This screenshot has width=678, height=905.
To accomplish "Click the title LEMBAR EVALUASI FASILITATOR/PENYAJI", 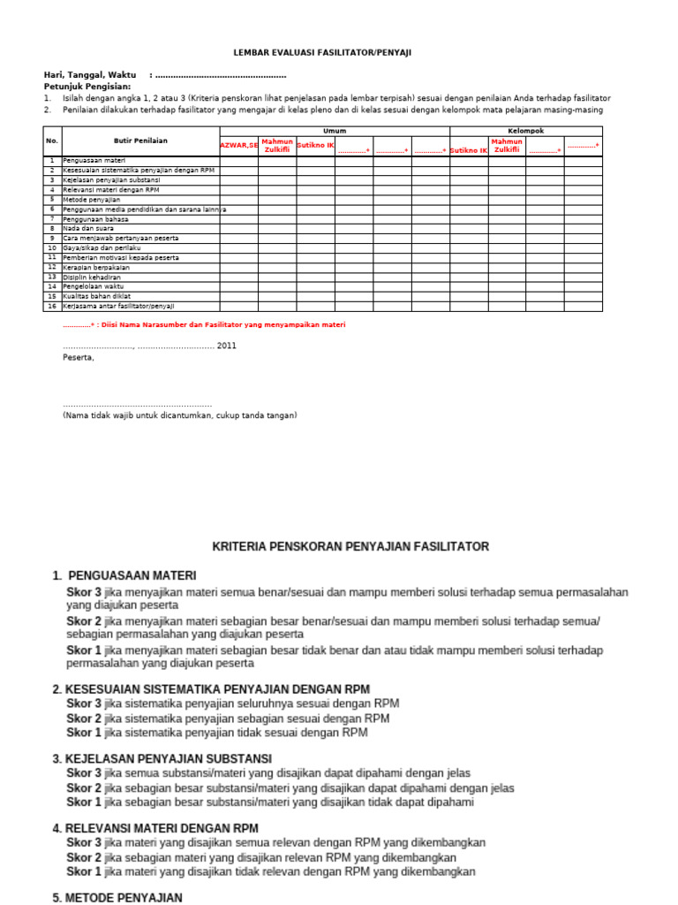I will point(321,53).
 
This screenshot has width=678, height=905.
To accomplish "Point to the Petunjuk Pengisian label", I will point(87,87).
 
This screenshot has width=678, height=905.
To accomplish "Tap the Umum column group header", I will point(335,131).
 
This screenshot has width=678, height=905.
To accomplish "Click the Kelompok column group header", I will point(526,131).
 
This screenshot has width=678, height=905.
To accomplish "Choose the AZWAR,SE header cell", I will point(238,145).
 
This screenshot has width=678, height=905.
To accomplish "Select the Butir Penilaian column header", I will point(140,141).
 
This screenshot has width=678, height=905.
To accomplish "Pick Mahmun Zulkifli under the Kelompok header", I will point(507,145).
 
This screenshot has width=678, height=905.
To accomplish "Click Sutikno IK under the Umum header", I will point(315,145).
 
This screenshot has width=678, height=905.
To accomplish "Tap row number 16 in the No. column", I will point(52,306).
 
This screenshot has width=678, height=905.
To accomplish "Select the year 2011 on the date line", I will point(226,346).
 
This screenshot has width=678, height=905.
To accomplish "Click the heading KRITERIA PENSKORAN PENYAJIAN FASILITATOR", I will point(350,546).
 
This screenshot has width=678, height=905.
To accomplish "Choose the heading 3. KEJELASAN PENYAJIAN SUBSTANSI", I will point(162,758).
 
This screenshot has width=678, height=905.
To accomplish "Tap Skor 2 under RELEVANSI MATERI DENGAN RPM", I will point(85,857).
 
